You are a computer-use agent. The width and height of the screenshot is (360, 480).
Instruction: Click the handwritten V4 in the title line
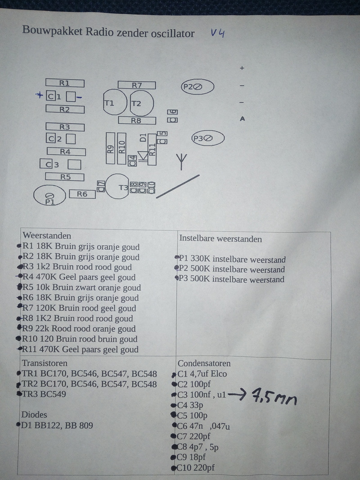tap(217, 34)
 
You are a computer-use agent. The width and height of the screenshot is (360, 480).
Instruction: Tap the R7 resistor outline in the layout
tap(137, 85)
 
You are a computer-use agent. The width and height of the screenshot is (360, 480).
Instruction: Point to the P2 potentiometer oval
tap(197, 87)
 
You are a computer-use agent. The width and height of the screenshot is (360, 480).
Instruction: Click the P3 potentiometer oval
tap(208, 139)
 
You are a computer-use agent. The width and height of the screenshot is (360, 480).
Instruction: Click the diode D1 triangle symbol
tap(143, 156)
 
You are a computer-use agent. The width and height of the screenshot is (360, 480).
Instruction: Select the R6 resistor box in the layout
tap(82, 194)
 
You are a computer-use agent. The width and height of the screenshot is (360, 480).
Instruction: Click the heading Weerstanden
tap(47, 236)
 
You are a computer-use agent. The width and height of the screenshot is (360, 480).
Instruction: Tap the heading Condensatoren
tap(204, 363)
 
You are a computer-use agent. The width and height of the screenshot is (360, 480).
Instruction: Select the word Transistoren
tap(45, 363)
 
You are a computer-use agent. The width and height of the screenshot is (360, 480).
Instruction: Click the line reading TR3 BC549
tap(44, 394)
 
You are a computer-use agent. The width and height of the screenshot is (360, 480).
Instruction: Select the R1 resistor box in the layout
tap(65, 83)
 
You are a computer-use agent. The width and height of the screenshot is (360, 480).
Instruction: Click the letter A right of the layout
tap(242, 119)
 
